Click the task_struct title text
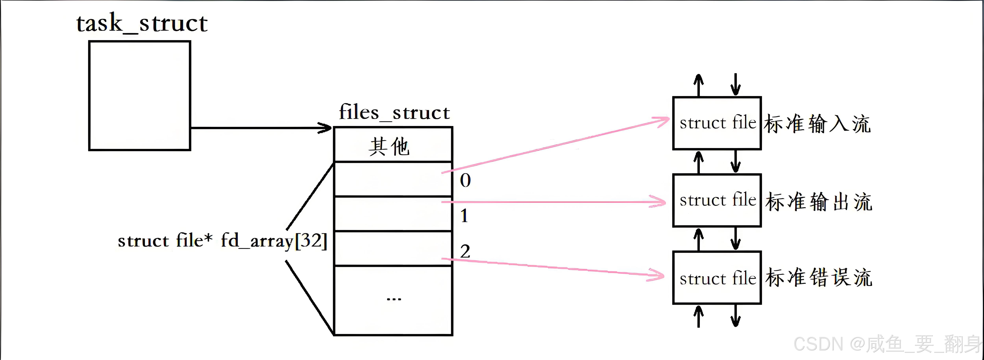click(x=142, y=24)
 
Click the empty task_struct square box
click(x=139, y=96)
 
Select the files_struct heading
click(x=394, y=112)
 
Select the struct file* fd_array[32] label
click(x=222, y=241)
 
